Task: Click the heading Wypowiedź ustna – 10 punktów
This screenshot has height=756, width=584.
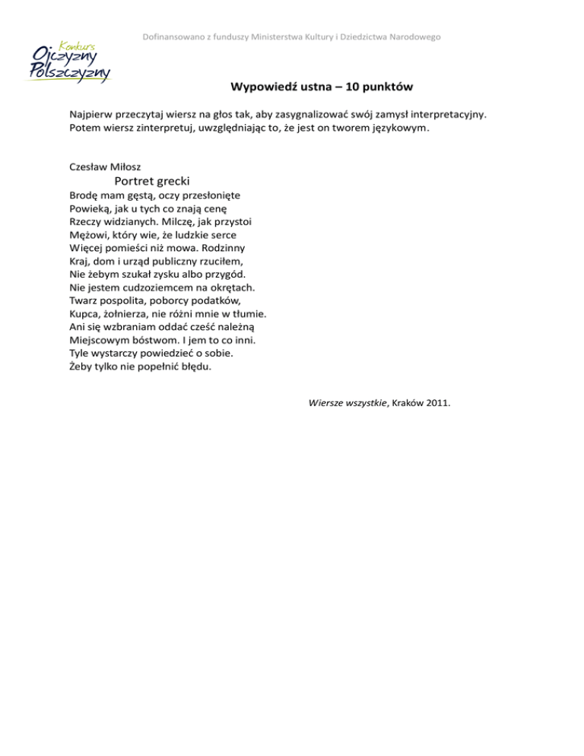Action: tap(322, 87)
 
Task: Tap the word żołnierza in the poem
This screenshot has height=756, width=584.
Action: tap(125, 313)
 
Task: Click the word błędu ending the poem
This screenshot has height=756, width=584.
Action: tap(195, 366)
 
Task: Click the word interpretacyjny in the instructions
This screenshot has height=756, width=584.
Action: tap(443, 114)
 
